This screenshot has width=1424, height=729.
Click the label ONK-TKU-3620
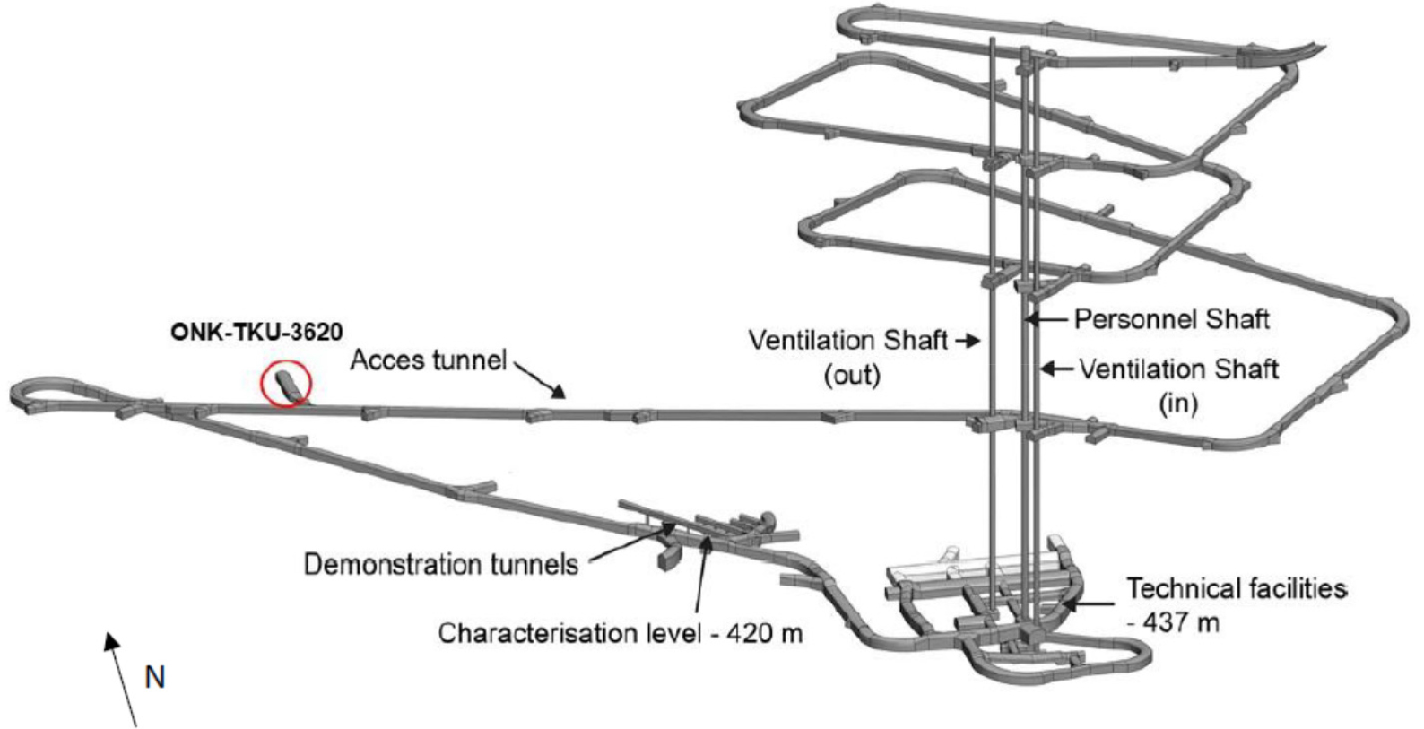(x=256, y=333)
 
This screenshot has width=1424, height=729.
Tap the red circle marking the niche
(x=285, y=385)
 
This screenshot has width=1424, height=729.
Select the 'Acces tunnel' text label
(x=428, y=360)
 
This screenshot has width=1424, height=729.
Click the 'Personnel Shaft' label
(x=1171, y=319)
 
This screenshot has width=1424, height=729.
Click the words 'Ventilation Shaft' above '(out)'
(x=847, y=341)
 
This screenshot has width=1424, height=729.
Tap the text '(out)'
(x=852, y=374)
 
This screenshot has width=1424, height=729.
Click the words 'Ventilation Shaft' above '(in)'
(x=1178, y=369)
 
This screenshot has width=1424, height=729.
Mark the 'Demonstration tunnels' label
(x=440, y=564)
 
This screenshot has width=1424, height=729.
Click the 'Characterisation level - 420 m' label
(x=620, y=633)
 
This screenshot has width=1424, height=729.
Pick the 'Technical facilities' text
(x=1236, y=589)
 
